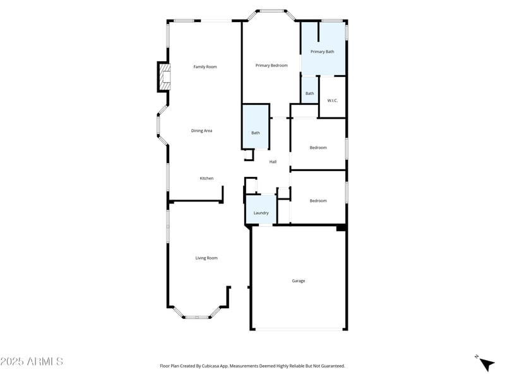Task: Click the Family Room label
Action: (205, 66)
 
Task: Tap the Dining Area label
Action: (201, 131)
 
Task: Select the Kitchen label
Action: (206, 178)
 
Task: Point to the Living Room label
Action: (206, 258)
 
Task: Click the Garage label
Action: (299, 280)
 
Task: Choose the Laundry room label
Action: (261, 213)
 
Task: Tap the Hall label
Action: (273, 162)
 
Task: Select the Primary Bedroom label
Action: (271, 65)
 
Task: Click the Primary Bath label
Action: (322, 51)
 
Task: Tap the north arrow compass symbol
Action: (485, 363)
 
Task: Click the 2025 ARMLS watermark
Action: (32, 361)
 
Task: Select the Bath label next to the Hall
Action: (256, 133)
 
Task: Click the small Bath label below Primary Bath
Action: (309, 93)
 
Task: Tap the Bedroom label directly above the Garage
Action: (318, 200)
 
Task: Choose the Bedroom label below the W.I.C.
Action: (318, 147)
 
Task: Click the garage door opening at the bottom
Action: (299, 328)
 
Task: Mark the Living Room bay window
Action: (197, 314)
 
